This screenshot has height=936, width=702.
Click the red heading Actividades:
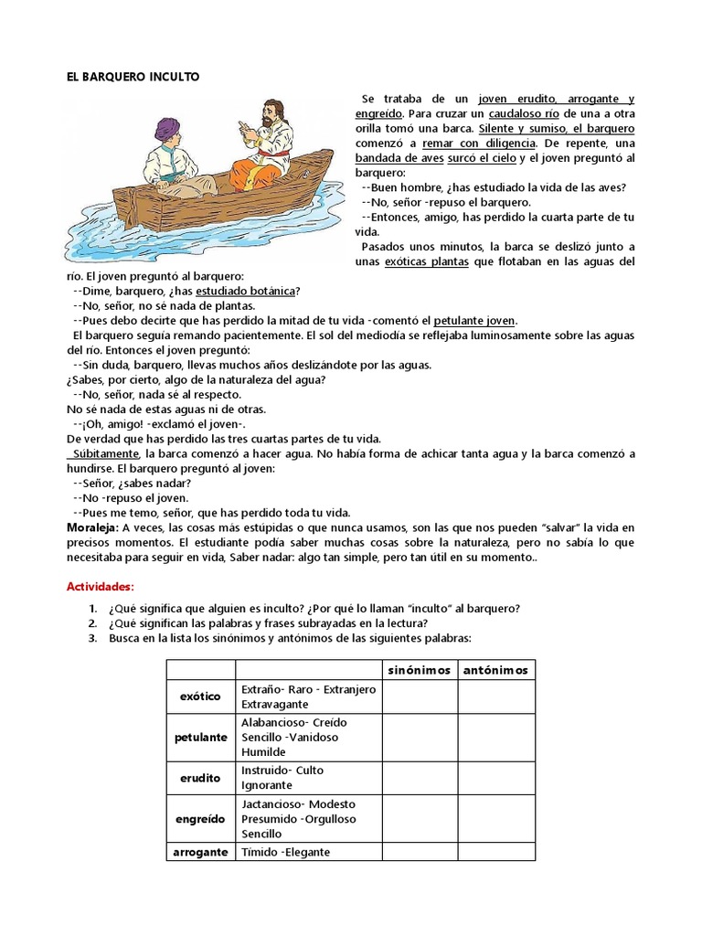[101, 586]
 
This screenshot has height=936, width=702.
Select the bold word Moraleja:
[94, 528]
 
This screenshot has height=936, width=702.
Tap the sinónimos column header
[420, 670]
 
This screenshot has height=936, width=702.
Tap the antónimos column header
[495, 670]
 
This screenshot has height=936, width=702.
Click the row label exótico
[200, 697]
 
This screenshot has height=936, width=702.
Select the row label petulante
[200, 736]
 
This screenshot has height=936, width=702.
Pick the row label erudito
[200, 778]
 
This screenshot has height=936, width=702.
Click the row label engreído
[200, 820]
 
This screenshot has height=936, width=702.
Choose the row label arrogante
[200, 852]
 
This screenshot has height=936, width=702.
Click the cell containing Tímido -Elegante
[284, 852]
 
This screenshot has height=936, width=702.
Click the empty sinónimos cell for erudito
[420, 778]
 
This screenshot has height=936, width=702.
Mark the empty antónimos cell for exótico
[495, 697]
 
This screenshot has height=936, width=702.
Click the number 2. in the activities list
[93, 623]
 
